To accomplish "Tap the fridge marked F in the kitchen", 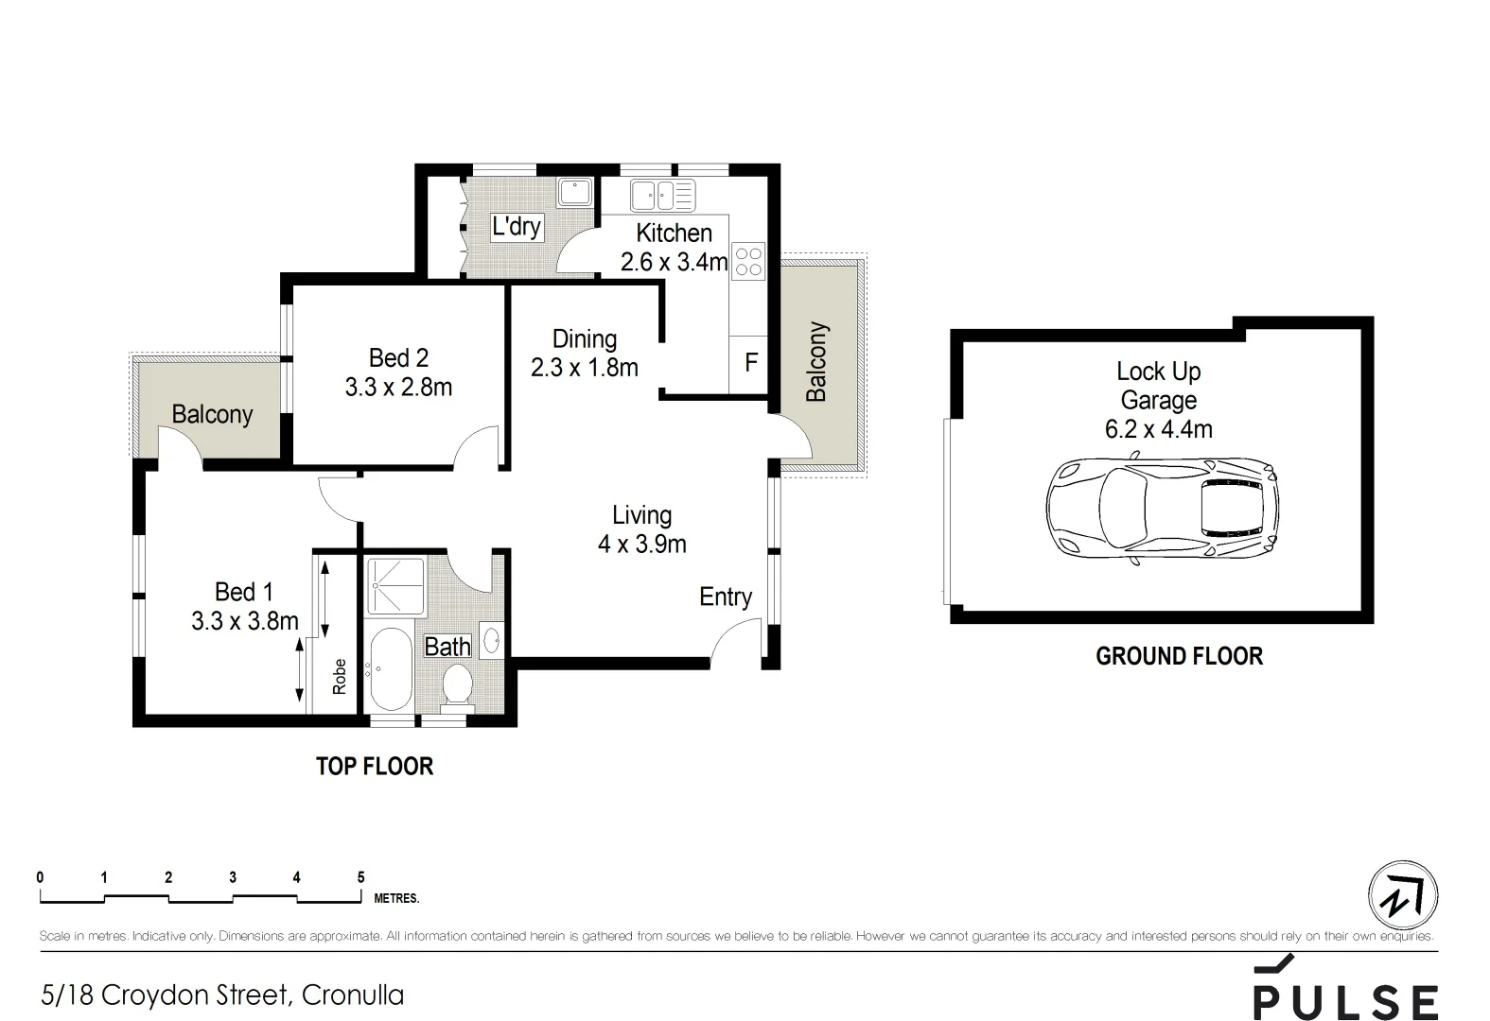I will click(750, 363).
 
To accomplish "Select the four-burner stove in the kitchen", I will click(748, 261).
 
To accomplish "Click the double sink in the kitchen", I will click(662, 196).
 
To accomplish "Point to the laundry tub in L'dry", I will click(573, 193).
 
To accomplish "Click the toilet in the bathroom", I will click(458, 684).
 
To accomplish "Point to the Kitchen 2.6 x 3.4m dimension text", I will click(674, 262).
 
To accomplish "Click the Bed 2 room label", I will click(398, 358).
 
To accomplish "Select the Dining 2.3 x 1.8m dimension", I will click(584, 368).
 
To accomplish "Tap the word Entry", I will click(726, 597).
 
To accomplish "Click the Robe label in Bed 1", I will click(340, 676).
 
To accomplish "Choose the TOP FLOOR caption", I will click(375, 766).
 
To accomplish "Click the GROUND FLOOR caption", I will click(1179, 656).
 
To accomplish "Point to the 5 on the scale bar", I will click(360, 877).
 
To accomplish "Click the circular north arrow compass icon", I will click(1403, 895).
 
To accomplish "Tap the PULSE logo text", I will click(1345, 1001).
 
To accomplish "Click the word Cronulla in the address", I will click(353, 995).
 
